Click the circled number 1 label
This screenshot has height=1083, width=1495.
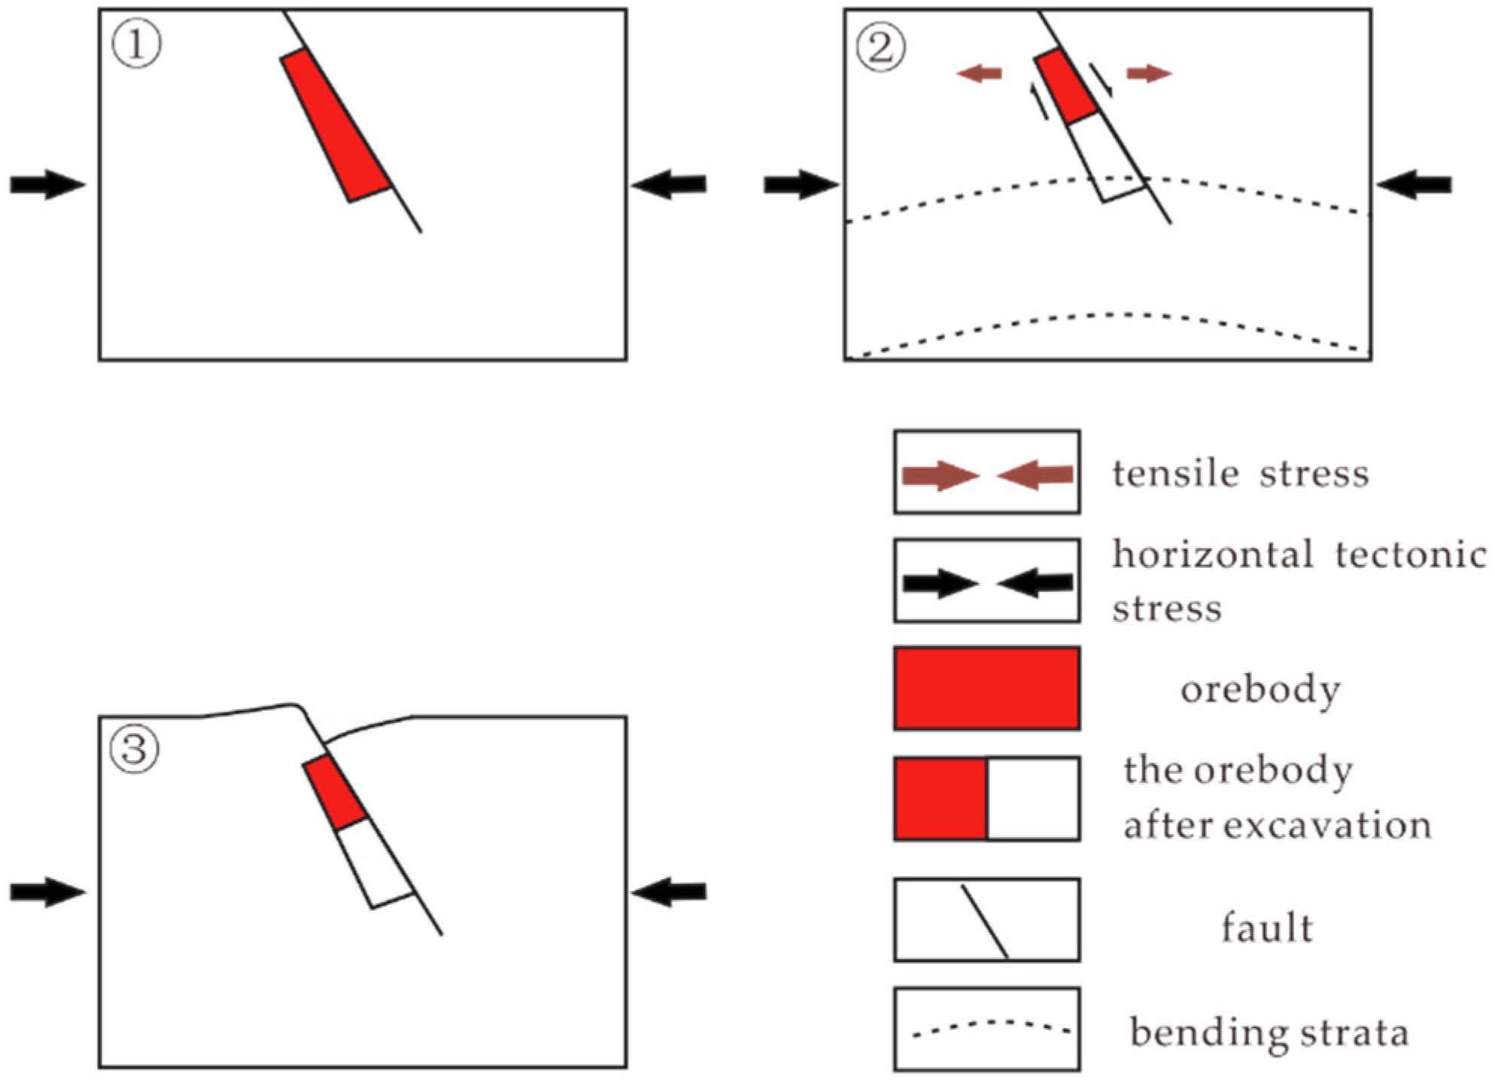(136, 44)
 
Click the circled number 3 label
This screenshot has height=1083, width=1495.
(135, 749)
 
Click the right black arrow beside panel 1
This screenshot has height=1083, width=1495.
(669, 184)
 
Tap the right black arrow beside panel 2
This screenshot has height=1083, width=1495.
(1414, 184)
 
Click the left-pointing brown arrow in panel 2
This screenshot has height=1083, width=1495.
(979, 74)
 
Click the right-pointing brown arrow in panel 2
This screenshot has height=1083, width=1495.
(1149, 74)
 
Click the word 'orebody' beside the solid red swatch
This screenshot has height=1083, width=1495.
(1260, 690)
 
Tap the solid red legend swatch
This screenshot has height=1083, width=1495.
(986, 688)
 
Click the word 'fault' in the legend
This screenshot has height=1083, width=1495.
(1267, 927)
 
